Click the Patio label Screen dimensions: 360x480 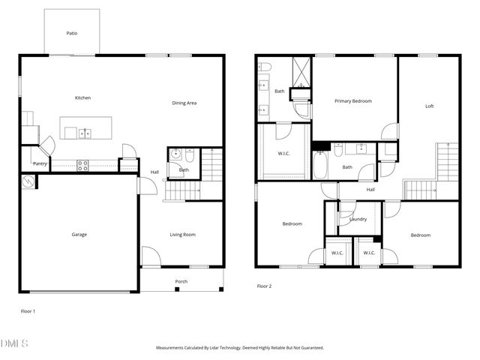pyautogui.click(x=72, y=33)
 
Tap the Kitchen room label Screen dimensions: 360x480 pyautogui.click(x=82, y=98)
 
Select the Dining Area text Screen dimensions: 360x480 pyautogui.click(x=184, y=103)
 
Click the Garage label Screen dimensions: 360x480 pyautogui.click(x=79, y=235)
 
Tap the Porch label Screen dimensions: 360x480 pyautogui.click(x=181, y=281)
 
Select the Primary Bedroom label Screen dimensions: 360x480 pyautogui.click(x=353, y=100)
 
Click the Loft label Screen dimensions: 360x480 pyautogui.click(x=429, y=106)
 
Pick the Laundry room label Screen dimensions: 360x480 pyautogui.click(x=358, y=219)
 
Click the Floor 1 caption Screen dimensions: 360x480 pyautogui.click(x=28, y=310)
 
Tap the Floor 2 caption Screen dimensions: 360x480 pyautogui.click(x=264, y=286)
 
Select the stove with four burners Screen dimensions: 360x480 pyautogui.click(x=82, y=164)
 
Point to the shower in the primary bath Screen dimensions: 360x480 pyautogui.click(x=301, y=72)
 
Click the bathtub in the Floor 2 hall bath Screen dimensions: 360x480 pyautogui.click(x=320, y=166)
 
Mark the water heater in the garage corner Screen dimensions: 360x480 pyautogui.click(x=28, y=181)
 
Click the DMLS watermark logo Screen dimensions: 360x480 pyautogui.click(x=14, y=343)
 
